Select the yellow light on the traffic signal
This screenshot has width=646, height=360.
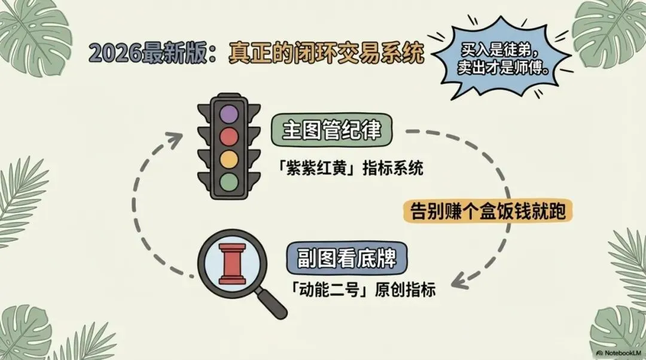229,159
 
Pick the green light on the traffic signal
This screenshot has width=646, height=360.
229,181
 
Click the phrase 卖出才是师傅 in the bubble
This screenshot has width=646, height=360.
507,67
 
